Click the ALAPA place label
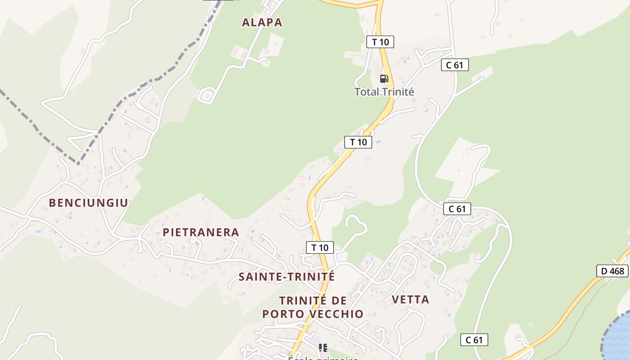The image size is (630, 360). coord(262,22)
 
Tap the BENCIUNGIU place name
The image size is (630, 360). coord(89,203)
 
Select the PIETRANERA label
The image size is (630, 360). coord(201,233)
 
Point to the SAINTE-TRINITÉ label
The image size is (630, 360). coord(287,277)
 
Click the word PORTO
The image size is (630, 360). coord(282,314)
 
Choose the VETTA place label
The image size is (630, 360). coord(410,300)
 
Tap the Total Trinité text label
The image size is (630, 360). coord(384,92)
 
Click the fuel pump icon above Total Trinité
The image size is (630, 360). coord(384,79)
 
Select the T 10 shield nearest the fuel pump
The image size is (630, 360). coord(380,42)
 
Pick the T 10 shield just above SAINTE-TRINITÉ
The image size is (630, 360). coord(320,247)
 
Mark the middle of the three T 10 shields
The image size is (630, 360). coord(358,142)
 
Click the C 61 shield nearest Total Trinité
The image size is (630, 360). coord(454,65)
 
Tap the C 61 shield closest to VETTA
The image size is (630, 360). coord(474,340)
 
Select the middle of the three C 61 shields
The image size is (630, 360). coord(457,209)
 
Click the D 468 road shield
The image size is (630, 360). coord(612,271)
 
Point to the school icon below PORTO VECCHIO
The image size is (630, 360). coord(323,347)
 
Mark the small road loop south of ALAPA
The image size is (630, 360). coord(206,95)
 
